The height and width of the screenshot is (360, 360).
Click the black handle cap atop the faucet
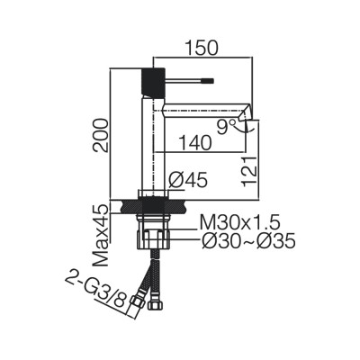151,80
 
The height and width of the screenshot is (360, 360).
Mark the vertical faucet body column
151,144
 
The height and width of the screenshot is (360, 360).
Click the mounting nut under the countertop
153,238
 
